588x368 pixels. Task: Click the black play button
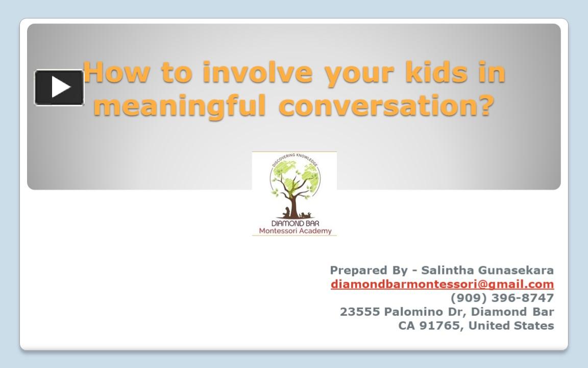coord(59,87)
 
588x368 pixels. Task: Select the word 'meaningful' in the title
coord(180,105)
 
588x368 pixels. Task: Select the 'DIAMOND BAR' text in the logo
coord(295,223)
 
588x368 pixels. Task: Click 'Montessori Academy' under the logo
coord(295,231)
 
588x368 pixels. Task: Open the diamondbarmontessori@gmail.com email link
coord(442,284)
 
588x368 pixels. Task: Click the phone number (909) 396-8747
coord(502,297)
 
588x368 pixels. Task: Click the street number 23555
coord(360,312)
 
